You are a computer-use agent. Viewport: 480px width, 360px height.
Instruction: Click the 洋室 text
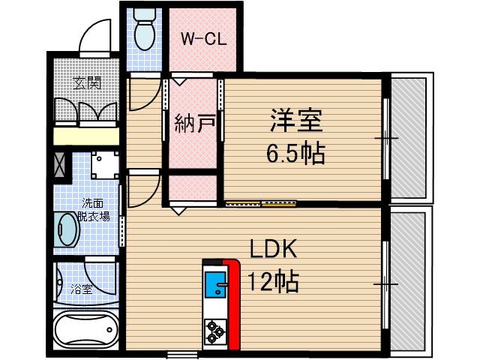(x=295, y=120)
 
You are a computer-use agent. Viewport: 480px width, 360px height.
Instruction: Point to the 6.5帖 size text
(x=295, y=154)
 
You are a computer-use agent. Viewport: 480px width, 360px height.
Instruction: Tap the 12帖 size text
(x=274, y=283)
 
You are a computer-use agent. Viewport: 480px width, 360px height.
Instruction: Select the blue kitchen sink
(x=215, y=285)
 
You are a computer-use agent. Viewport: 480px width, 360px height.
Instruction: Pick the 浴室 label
(x=82, y=288)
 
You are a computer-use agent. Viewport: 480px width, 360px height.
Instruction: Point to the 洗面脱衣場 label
(x=95, y=209)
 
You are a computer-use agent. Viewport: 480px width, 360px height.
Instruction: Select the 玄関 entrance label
(x=87, y=82)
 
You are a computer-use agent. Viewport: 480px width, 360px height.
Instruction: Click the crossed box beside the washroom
(x=59, y=163)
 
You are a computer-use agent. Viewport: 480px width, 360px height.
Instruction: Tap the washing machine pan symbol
(x=105, y=163)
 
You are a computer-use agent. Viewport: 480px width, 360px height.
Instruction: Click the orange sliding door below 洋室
(x=262, y=202)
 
